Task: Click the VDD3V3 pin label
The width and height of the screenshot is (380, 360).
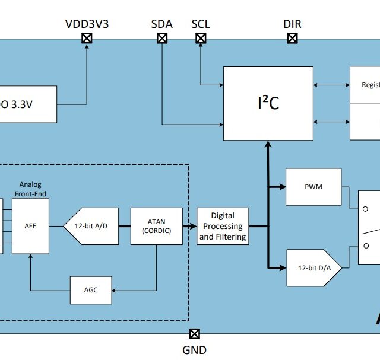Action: [87, 24]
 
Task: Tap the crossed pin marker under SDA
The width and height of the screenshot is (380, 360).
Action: [161, 39]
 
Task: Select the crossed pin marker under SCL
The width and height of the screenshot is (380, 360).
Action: [201, 39]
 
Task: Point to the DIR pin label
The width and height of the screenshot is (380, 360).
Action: [292, 24]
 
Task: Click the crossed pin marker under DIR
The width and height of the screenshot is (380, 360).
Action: [292, 39]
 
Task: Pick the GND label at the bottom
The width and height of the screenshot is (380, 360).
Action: [194, 350]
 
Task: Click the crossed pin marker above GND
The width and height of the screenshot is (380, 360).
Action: [194, 334]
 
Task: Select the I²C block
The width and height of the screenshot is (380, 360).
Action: [268, 104]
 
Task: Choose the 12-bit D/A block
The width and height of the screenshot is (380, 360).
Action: [315, 268]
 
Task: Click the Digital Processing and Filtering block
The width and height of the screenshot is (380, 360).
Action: [223, 226]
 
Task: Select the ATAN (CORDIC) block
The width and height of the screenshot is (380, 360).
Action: [157, 226]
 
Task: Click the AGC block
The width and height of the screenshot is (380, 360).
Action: [91, 290]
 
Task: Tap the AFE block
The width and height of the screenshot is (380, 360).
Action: [30, 226]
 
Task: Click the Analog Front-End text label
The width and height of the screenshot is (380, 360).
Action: [30, 189]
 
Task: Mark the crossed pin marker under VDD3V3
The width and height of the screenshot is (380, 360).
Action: [87, 39]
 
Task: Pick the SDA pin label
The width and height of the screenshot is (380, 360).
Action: [161, 24]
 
